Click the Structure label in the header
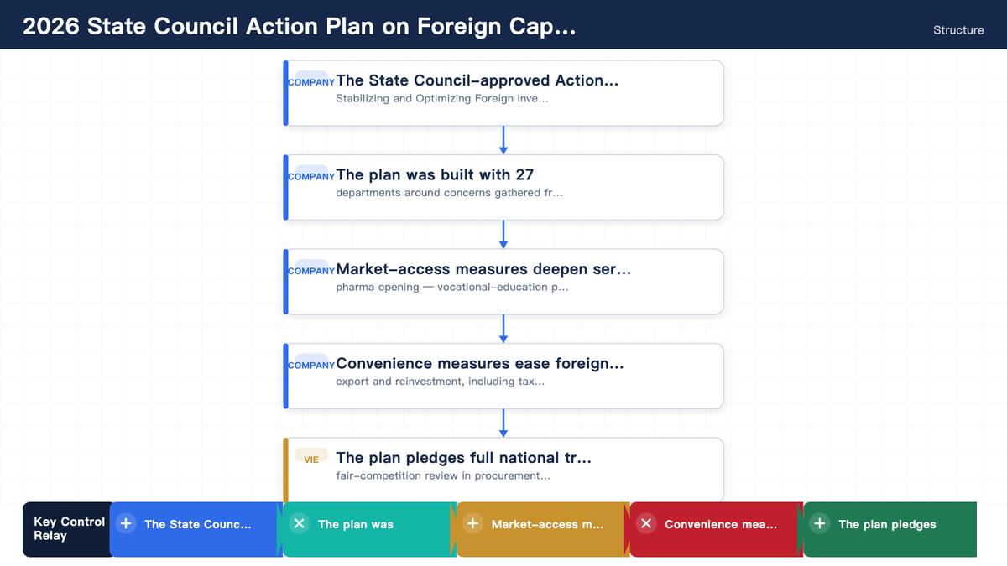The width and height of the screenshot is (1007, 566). (958, 30)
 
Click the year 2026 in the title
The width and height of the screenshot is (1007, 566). (51, 26)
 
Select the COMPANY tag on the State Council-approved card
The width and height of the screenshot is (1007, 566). (311, 82)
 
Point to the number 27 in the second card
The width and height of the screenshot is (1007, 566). (524, 174)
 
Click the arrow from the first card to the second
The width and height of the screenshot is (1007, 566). (503, 140)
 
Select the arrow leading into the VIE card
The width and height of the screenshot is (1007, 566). (503, 423)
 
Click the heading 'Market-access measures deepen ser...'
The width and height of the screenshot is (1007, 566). (483, 269)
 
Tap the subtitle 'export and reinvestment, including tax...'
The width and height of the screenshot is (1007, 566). (440, 382)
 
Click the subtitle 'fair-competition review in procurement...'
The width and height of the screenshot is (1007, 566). (443, 475)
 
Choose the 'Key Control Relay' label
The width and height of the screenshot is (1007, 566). (69, 529)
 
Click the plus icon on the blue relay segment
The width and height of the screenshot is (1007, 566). (126, 523)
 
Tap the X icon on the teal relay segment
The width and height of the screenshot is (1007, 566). (300, 523)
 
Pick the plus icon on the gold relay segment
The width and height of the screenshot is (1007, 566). (472, 523)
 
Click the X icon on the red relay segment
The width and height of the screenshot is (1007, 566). (646, 523)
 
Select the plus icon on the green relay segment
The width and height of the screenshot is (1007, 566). (820, 523)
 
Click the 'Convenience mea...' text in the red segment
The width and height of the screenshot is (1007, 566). (721, 524)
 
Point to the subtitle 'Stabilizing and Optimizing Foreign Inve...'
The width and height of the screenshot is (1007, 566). (442, 98)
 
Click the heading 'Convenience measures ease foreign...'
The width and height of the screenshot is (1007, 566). (480, 363)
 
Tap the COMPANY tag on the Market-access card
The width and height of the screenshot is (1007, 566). (311, 271)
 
